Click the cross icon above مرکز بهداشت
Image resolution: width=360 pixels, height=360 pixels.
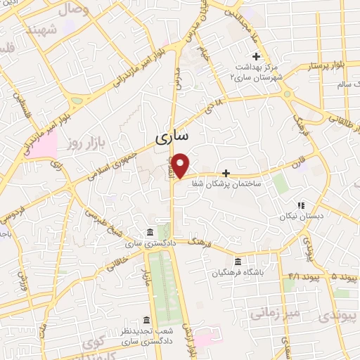click(257, 56)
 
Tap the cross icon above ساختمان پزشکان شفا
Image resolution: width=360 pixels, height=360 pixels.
click(226, 172)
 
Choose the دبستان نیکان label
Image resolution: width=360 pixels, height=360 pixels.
click(300, 217)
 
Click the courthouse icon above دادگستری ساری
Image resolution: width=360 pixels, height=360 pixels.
click(150, 233)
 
